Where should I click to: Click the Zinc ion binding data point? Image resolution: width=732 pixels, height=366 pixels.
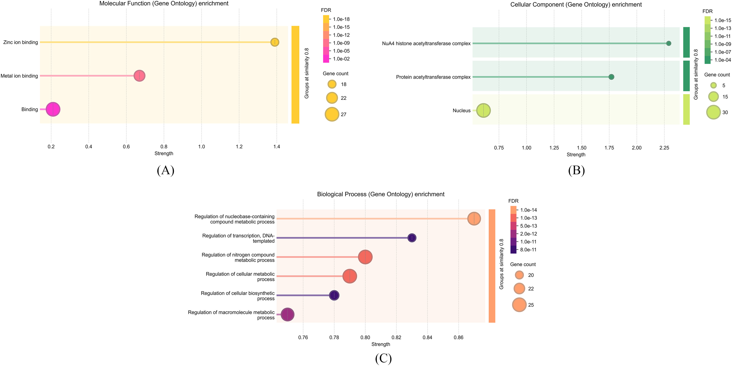(x=275, y=42)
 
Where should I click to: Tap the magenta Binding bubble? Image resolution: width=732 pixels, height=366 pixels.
(x=53, y=109)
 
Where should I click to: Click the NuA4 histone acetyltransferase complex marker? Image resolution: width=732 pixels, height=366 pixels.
(x=669, y=43)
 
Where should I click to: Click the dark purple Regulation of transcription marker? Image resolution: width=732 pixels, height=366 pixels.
(x=412, y=238)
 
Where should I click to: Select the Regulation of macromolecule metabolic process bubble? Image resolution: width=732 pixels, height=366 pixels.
(x=288, y=314)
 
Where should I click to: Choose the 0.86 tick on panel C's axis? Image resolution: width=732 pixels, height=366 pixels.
(x=458, y=338)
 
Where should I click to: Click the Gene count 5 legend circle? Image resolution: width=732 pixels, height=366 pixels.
(x=713, y=85)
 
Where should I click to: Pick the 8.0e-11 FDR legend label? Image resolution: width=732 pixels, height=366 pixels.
(x=528, y=250)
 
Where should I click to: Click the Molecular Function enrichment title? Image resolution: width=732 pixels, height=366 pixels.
(x=164, y=4)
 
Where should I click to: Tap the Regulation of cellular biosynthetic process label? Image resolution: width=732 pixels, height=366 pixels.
(x=237, y=296)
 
